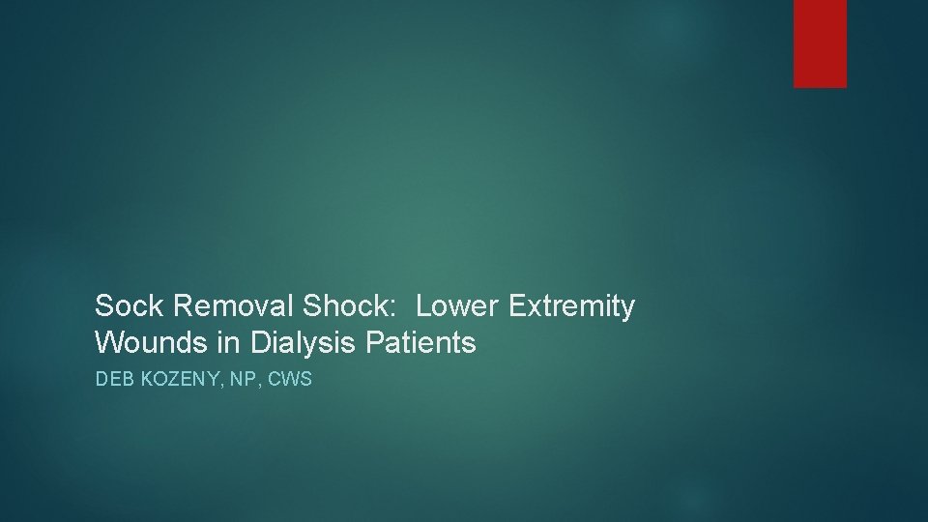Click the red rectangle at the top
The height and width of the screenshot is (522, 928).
[x=820, y=43]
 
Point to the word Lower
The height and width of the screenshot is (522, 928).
[x=458, y=307]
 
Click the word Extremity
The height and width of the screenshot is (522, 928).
[x=571, y=307]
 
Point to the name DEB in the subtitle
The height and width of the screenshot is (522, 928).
[x=112, y=380]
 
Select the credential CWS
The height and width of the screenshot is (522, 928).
[x=291, y=380]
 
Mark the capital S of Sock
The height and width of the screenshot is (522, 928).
[x=103, y=307]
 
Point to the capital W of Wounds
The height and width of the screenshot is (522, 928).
[x=106, y=342]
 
